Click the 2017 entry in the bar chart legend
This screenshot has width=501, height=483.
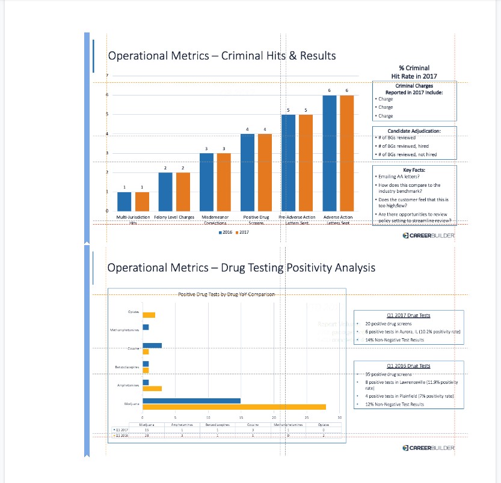click(x=243, y=231)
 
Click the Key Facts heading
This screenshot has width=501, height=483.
click(x=414, y=171)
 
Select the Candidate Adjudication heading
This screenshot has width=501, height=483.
click(x=414, y=131)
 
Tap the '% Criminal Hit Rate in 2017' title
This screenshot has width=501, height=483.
click(x=414, y=72)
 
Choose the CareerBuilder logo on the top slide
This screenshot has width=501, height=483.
click(x=428, y=235)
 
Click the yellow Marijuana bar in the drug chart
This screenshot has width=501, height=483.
click(x=234, y=407)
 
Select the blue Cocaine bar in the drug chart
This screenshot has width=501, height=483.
click(x=152, y=345)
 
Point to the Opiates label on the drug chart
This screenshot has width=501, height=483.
click(x=133, y=312)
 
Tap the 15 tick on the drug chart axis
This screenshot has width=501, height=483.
click(x=241, y=418)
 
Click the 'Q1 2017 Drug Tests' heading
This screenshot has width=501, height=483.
click(x=409, y=315)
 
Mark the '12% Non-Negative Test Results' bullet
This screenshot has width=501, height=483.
click(x=395, y=404)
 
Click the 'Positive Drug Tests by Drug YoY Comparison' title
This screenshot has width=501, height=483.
click(x=227, y=294)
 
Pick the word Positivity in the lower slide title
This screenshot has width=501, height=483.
click(x=307, y=267)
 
